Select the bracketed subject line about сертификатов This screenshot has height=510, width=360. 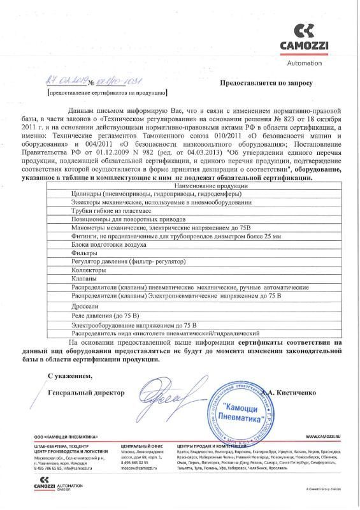click(x=108, y=93)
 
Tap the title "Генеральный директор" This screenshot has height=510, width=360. click(x=86, y=392)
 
